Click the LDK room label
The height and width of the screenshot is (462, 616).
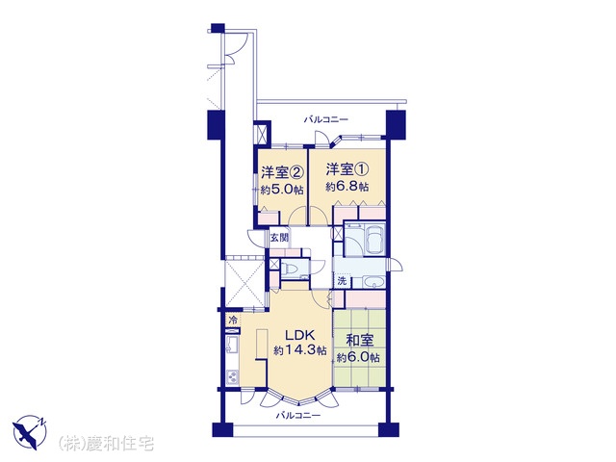pyautogui.click(x=299, y=335)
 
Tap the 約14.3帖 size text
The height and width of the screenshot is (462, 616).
pyautogui.click(x=299, y=350)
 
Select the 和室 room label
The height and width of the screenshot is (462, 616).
pyautogui.click(x=359, y=341)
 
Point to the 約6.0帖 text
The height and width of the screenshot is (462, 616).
pyautogui.click(x=358, y=358)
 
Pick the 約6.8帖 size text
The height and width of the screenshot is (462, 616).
pyautogui.click(x=346, y=187)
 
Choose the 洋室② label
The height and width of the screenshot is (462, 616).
pyautogui.click(x=283, y=172)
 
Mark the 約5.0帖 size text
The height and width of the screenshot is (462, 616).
pyautogui.click(x=282, y=190)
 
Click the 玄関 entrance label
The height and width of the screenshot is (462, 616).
pyautogui.click(x=279, y=238)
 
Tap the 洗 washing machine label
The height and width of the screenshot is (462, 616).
pyautogui.click(x=342, y=281)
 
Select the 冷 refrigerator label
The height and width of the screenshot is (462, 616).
pyautogui.click(x=233, y=320)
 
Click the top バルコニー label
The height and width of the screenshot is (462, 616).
pyautogui.click(x=325, y=119)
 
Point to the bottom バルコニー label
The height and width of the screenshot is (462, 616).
pyautogui.click(x=297, y=415)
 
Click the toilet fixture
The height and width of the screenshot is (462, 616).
pyautogui.click(x=291, y=269)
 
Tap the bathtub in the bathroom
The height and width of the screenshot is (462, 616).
pyautogui.click(x=374, y=240)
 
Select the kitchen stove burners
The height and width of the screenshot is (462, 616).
pyautogui.click(x=232, y=376)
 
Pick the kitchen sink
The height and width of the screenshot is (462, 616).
pyautogui.click(x=232, y=346)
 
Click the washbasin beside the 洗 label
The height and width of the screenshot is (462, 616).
pyautogui.click(x=372, y=282)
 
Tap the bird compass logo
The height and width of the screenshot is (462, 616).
pyautogui.click(x=30, y=432)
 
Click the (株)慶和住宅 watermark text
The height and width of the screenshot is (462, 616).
pyautogui.click(x=106, y=444)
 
